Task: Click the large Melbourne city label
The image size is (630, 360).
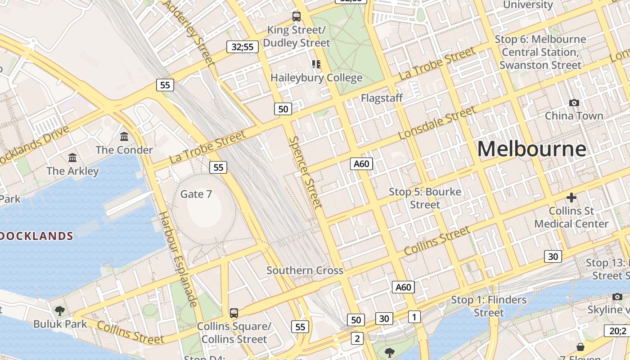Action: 531,149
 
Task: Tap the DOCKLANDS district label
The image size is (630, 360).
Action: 36,236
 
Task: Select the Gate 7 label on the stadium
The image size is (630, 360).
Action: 196,194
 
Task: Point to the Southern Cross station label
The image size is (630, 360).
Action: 305,270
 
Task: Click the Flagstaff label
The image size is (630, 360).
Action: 382,98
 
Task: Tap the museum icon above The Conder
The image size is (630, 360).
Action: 124,136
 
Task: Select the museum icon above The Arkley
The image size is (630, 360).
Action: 72,157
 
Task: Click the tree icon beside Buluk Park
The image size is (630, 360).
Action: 59,310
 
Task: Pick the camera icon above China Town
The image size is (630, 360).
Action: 574,103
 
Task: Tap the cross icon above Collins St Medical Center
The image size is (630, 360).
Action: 571,197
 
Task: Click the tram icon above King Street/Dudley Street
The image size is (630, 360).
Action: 296,17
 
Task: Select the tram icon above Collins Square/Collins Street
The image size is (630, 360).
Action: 234,313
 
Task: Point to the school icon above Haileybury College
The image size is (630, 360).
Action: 316,64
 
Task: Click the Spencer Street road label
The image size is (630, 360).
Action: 306,173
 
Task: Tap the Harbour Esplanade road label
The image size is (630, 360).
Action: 179,259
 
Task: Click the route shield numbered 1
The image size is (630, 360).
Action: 414,317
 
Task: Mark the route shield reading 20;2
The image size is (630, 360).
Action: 617,331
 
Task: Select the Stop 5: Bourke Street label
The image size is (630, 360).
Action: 425,198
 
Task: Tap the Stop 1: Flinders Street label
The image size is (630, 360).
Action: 489,306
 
